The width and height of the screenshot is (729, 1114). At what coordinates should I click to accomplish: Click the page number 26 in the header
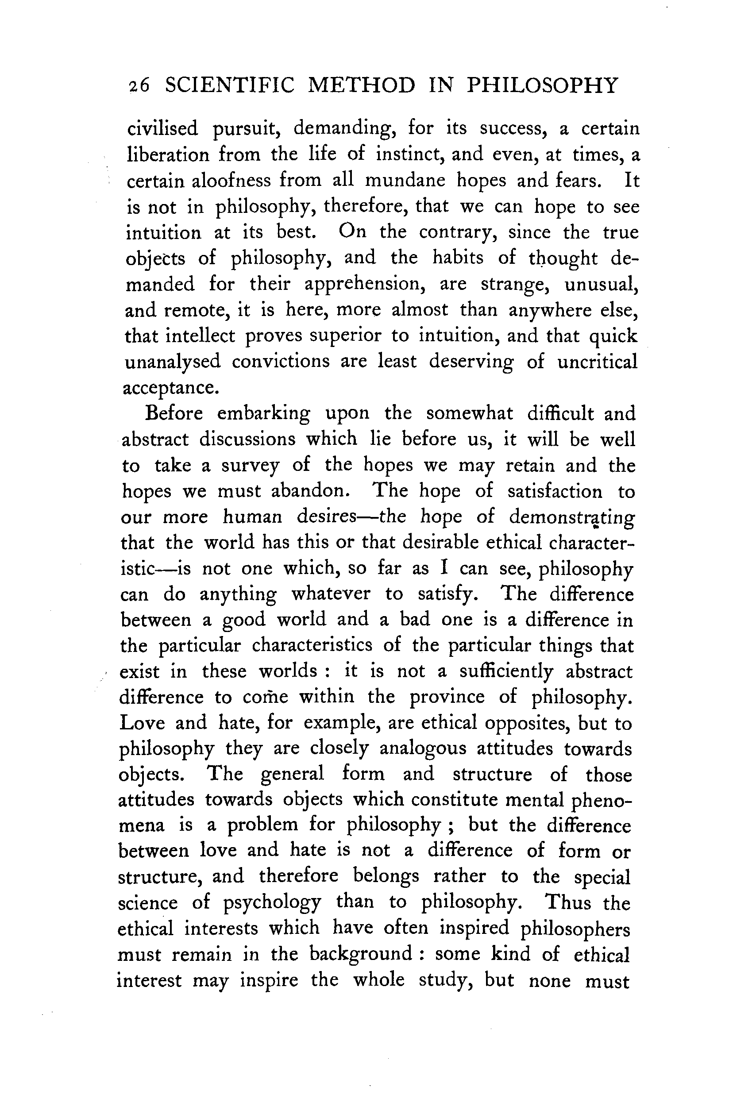point(139,87)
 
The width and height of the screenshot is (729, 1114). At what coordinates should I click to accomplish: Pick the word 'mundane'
point(405,180)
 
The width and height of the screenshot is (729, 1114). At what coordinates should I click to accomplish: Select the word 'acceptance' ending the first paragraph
point(169,388)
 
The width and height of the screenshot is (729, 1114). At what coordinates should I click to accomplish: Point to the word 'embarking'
point(264,414)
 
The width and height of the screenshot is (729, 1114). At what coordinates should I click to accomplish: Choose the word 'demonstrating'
point(572,517)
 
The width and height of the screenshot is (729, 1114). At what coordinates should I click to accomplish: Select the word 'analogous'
point(423,749)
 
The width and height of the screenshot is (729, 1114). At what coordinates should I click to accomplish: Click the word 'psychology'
point(272,903)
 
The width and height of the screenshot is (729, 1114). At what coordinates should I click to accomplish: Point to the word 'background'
point(361,954)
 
